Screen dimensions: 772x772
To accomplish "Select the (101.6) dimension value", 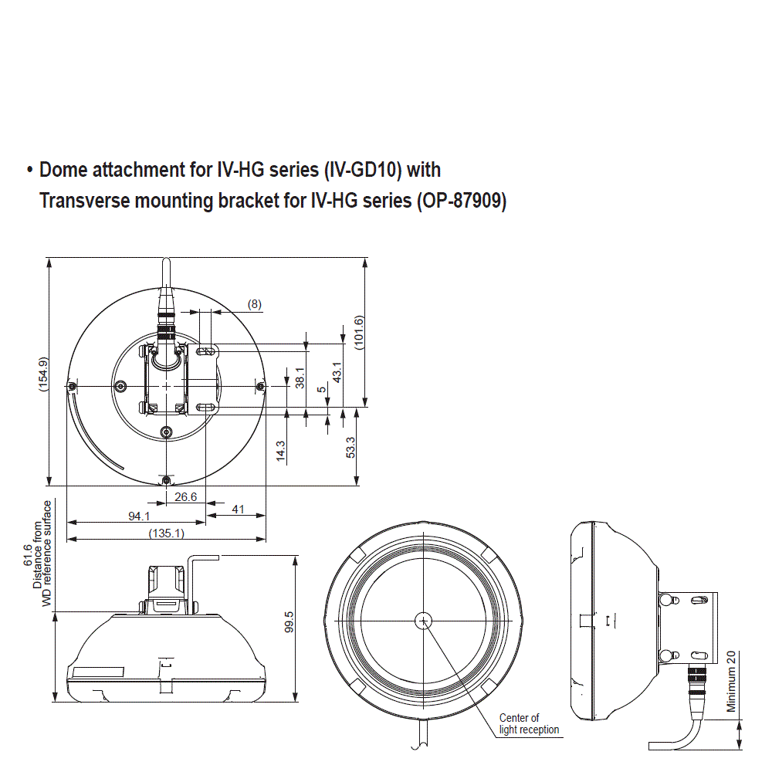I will [x=359, y=333].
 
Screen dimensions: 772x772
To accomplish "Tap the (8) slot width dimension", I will [x=254, y=304].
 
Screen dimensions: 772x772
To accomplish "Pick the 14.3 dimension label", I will [x=281, y=451].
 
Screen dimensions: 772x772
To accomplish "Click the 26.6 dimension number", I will [x=185, y=497].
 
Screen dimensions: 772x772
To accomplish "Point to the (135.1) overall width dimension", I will [x=166, y=533].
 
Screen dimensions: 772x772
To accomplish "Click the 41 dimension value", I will [x=238, y=510].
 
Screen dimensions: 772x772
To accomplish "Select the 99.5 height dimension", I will [x=289, y=622].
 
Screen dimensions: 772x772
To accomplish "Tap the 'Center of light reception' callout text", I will [x=529, y=723].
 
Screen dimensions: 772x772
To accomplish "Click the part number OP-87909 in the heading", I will [x=461, y=201].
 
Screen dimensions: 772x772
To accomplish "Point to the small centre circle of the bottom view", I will [x=424, y=620].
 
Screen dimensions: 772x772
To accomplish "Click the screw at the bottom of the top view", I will [x=167, y=481].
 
